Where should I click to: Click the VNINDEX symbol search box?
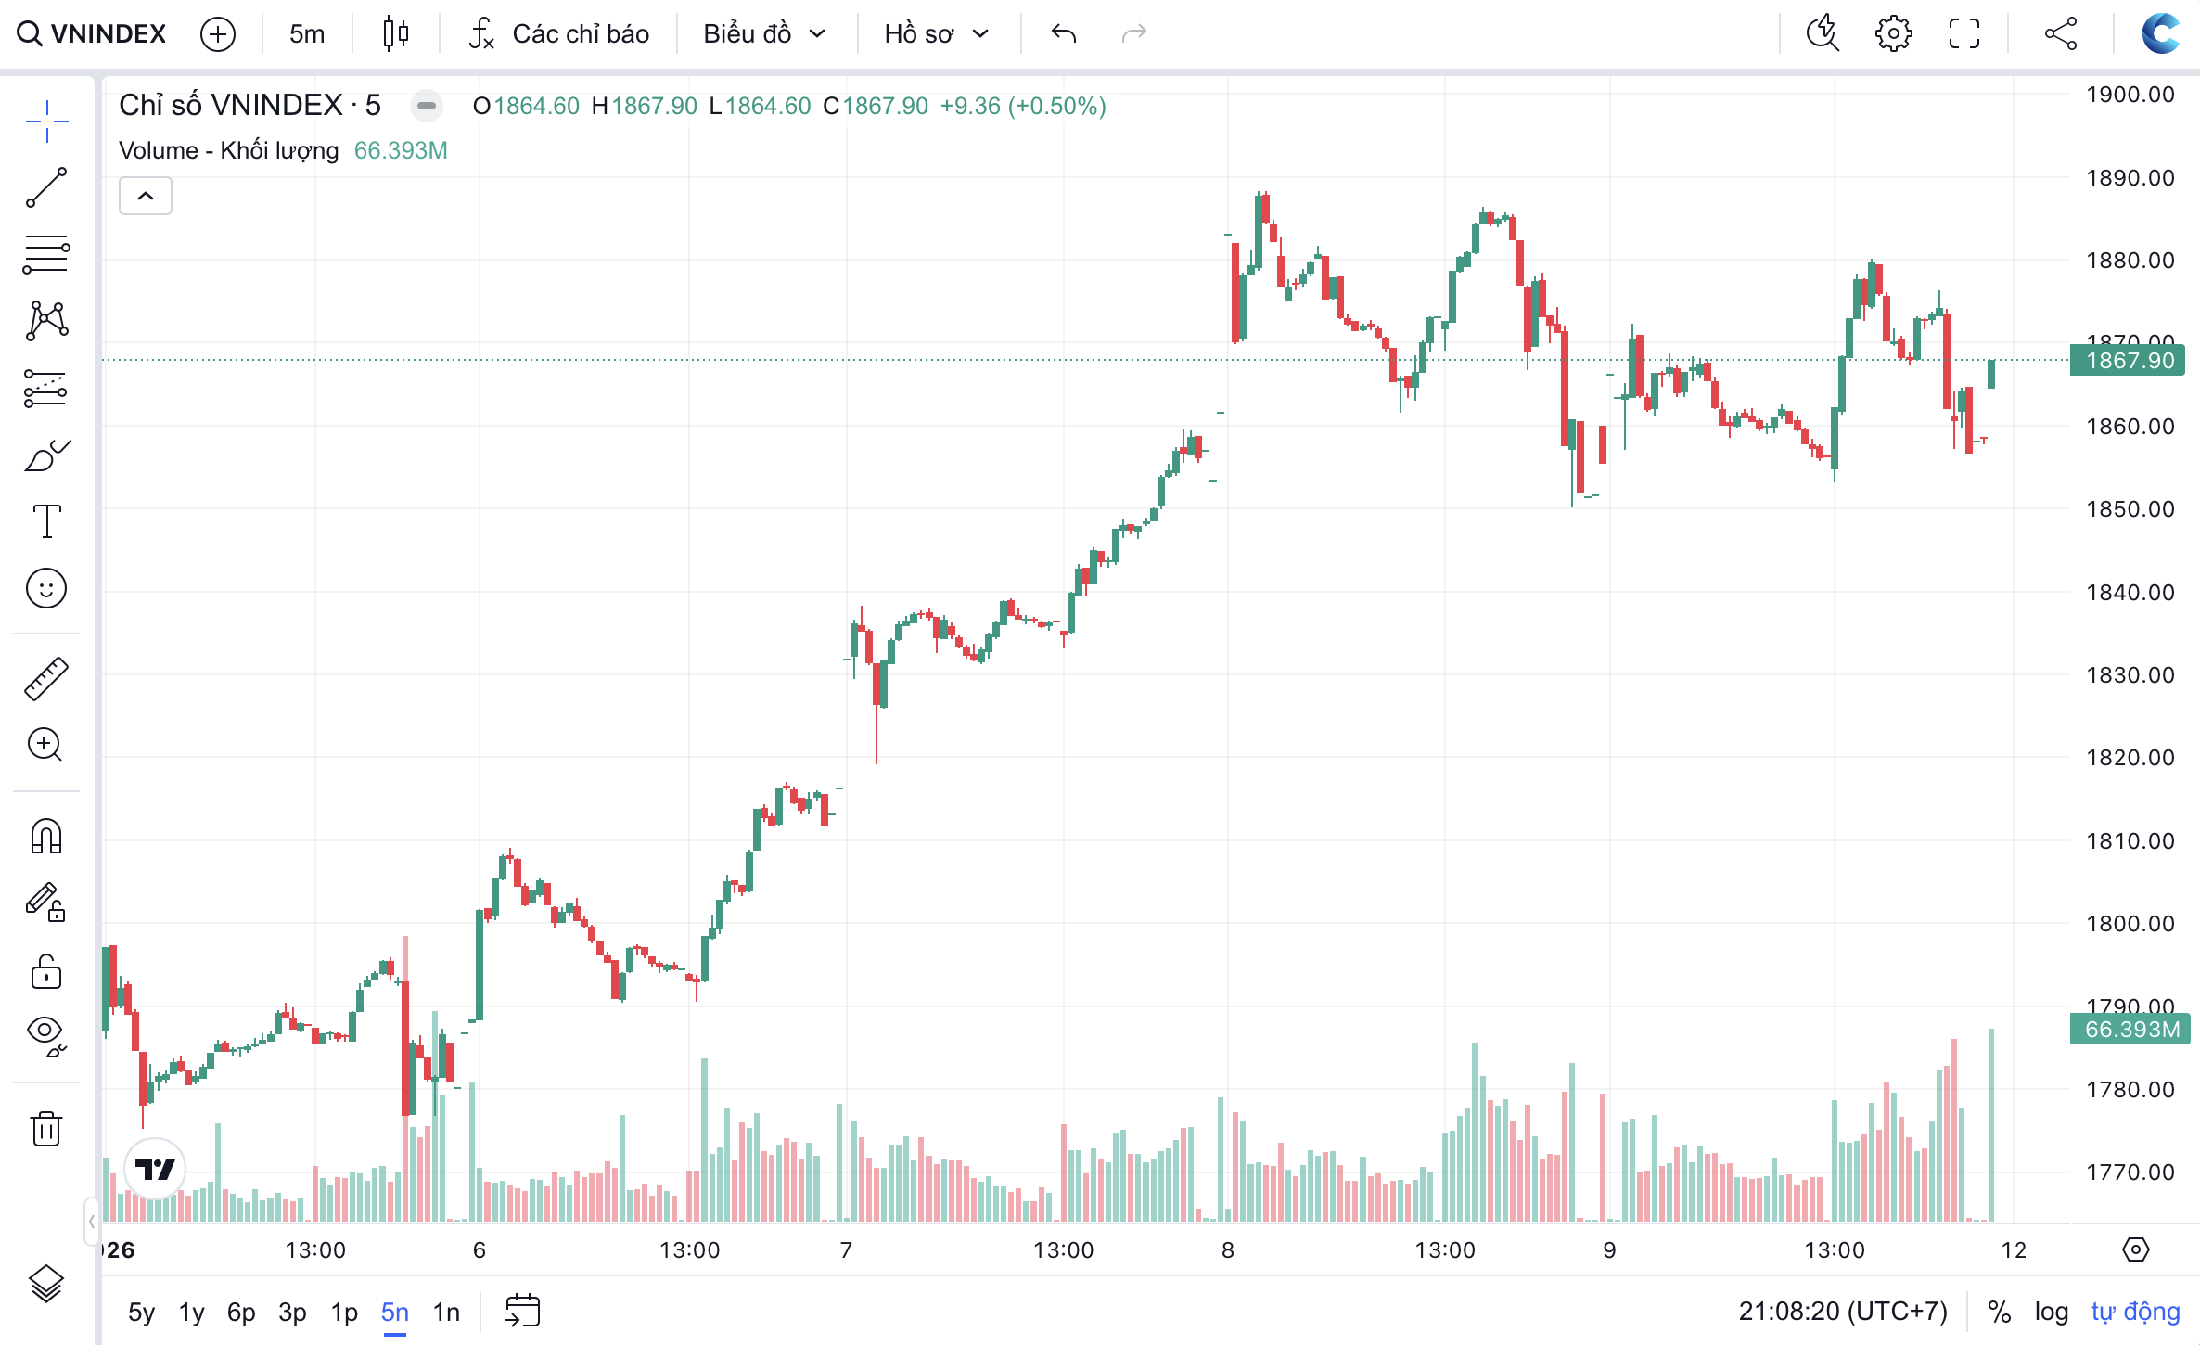(x=93, y=34)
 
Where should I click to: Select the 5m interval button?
(x=307, y=34)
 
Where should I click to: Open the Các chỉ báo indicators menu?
(x=559, y=34)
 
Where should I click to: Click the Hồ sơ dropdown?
(x=936, y=34)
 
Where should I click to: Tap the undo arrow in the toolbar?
(x=1064, y=34)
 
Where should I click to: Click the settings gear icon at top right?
(x=1893, y=34)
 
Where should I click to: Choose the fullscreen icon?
(x=1964, y=34)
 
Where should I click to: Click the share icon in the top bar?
(x=2060, y=34)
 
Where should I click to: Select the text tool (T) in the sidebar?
(x=46, y=521)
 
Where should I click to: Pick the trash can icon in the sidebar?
(x=46, y=1128)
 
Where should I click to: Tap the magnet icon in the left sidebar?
(x=46, y=836)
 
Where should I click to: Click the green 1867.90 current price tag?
(x=2128, y=360)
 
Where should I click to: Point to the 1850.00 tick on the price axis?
(x=2130, y=508)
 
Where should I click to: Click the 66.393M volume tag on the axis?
(x=2130, y=1029)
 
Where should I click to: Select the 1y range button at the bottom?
(x=191, y=1312)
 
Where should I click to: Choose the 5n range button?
(x=394, y=1312)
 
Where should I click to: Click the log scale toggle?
(x=2051, y=1312)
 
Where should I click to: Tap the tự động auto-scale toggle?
(x=2135, y=1312)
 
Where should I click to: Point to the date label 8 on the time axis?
(x=1227, y=1250)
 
